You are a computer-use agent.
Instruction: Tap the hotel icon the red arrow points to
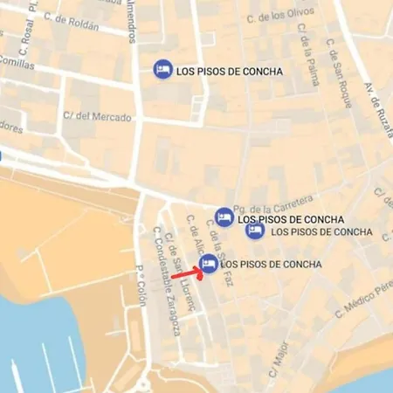click(209, 264)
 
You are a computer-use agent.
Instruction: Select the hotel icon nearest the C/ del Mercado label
click(161, 70)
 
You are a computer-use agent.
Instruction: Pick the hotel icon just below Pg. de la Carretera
click(224, 216)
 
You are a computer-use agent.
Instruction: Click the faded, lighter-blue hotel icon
click(255, 231)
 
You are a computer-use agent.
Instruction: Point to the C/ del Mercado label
click(98, 117)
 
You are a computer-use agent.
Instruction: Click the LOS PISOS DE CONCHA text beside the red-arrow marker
click(272, 265)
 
